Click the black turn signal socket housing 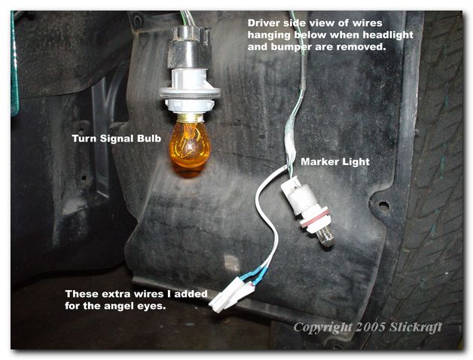188,47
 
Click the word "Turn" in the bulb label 84,139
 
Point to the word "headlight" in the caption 388,35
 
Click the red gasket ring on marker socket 314,218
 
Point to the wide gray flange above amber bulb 190,92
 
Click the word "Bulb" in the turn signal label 149,139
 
